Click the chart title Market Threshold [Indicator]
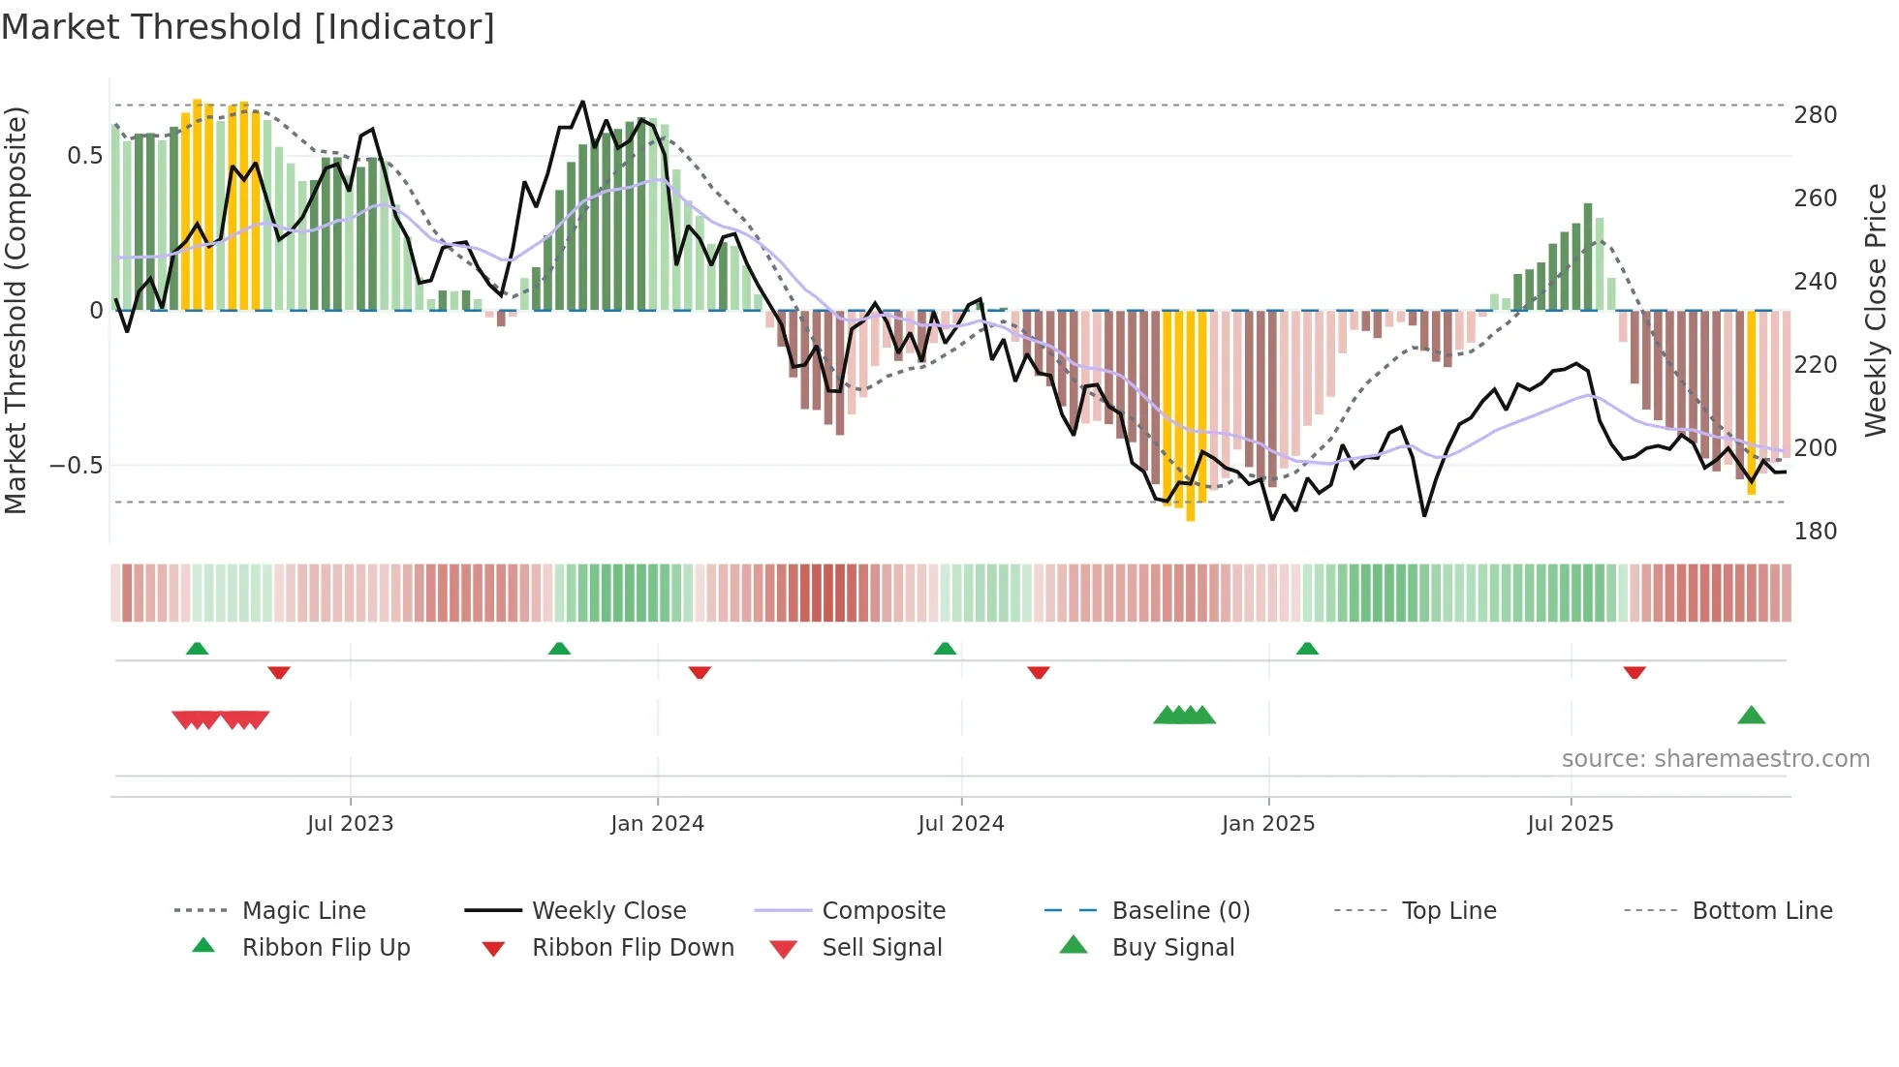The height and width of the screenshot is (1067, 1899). coord(248,27)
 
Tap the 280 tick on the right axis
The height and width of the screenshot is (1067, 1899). coord(1815,115)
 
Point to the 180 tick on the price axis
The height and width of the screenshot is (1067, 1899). coord(1815,532)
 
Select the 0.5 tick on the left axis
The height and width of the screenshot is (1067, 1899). coord(84,156)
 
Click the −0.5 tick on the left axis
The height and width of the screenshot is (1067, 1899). coord(77,466)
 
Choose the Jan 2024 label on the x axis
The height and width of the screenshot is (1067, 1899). coord(657,824)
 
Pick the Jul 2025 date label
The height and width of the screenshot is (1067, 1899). coord(1570,824)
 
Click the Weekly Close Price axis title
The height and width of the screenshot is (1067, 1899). coord(1876,310)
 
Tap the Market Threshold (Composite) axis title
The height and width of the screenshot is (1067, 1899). coord(16,310)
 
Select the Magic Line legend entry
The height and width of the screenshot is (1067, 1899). coord(303,911)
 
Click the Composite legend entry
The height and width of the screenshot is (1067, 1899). coord(883,911)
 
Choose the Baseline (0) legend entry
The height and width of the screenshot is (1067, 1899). coord(1180,911)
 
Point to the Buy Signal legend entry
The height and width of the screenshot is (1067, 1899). coord(1172,948)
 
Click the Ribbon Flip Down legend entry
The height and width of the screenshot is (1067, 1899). coord(632,948)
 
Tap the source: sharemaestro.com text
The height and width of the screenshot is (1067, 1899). coord(1715,759)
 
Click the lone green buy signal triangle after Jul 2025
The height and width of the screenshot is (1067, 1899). coord(1751,716)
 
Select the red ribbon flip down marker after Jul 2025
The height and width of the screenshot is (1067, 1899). coord(1634,672)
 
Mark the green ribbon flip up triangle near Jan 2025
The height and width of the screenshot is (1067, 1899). coord(1307,648)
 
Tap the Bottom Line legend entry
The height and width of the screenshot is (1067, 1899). coord(1761,911)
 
